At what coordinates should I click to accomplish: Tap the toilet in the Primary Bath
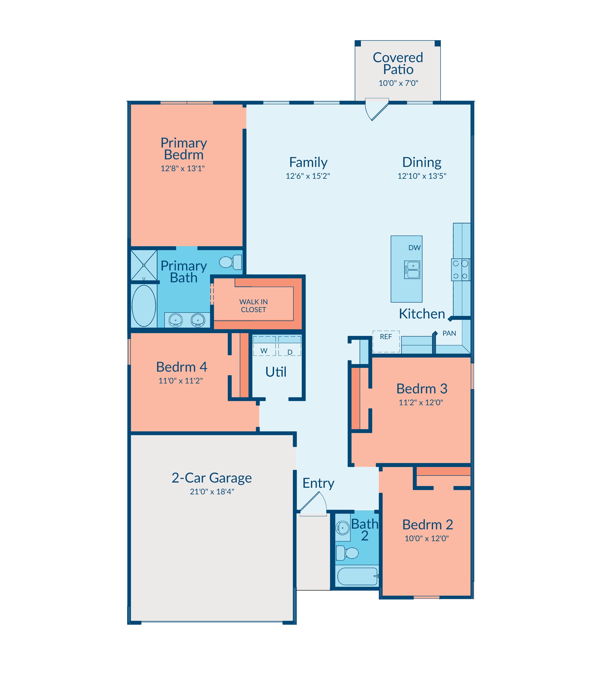(231, 262)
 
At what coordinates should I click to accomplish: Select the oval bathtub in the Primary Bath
(144, 306)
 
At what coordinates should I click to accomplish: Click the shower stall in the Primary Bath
(144, 265)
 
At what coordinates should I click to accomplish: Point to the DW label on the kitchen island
(414, 248)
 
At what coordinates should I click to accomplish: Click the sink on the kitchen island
(412, 270)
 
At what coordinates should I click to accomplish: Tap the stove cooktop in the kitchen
(461, 270)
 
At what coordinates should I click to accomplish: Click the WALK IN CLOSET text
(253, 306)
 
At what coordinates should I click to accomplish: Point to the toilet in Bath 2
(347, 553)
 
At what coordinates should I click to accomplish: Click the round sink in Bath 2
(343, 528)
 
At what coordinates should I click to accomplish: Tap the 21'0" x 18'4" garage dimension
(212, 492)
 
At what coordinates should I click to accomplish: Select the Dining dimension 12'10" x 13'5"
(422, 176)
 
